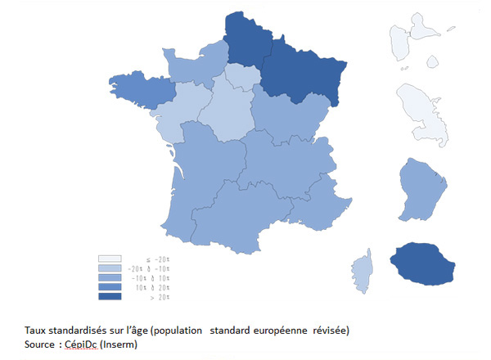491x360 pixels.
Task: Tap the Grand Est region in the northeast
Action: click(x=304, y=78)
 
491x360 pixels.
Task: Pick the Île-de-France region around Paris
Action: click(x=241, y=78)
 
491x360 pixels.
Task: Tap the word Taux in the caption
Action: click(x=36, y=331)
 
